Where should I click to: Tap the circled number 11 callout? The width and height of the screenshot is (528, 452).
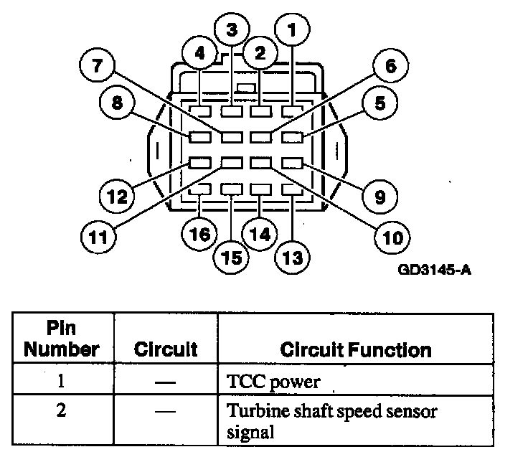(97, 234)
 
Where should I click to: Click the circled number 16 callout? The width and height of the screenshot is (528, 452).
(199, 234)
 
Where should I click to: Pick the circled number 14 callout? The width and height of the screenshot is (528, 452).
(261, 234)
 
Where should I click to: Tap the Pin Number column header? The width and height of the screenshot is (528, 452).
(62, 339)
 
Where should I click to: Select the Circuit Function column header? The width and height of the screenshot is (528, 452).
(356, 349)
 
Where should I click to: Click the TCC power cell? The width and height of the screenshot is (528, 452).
(269, 382)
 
